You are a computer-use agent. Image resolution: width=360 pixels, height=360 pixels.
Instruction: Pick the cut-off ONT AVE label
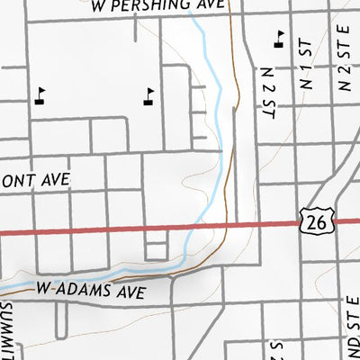tap(34, 180)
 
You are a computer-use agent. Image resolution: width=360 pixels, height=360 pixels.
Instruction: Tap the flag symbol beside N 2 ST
tap(280, 37)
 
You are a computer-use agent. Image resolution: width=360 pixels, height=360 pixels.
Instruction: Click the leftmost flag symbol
tap(40, 94)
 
